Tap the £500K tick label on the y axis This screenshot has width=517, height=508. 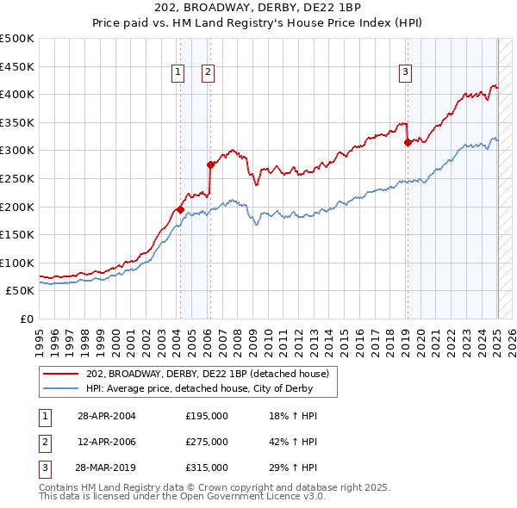(17, 39)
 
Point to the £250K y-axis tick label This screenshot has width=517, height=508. (17, 178)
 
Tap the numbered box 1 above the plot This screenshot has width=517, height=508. (178, 73)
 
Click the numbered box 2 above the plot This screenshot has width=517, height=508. (209, 73)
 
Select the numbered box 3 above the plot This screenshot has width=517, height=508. (405, 73)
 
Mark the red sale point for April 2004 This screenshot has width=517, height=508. (180, 209)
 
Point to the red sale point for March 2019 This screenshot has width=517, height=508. (408, 142)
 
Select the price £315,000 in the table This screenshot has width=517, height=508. (207, 468)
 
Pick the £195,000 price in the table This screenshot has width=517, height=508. (207, 416)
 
